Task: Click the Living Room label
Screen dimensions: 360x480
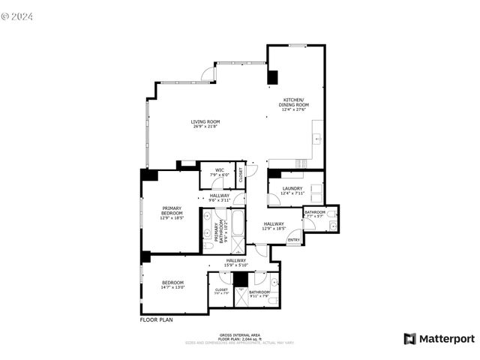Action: coord(205,121)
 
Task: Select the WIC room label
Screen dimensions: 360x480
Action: coord(220,169)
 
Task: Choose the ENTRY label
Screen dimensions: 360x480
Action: coord(293,240)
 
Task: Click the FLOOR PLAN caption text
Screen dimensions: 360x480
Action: coord(157,319)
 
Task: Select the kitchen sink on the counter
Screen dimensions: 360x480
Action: coord(318,138)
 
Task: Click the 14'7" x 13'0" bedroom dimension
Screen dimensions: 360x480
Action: coord(172,286)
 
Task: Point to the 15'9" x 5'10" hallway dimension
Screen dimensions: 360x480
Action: coord(236,265)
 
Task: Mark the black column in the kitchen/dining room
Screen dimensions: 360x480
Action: coord(272,76)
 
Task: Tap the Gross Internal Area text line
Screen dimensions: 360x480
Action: coord(240,334)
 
